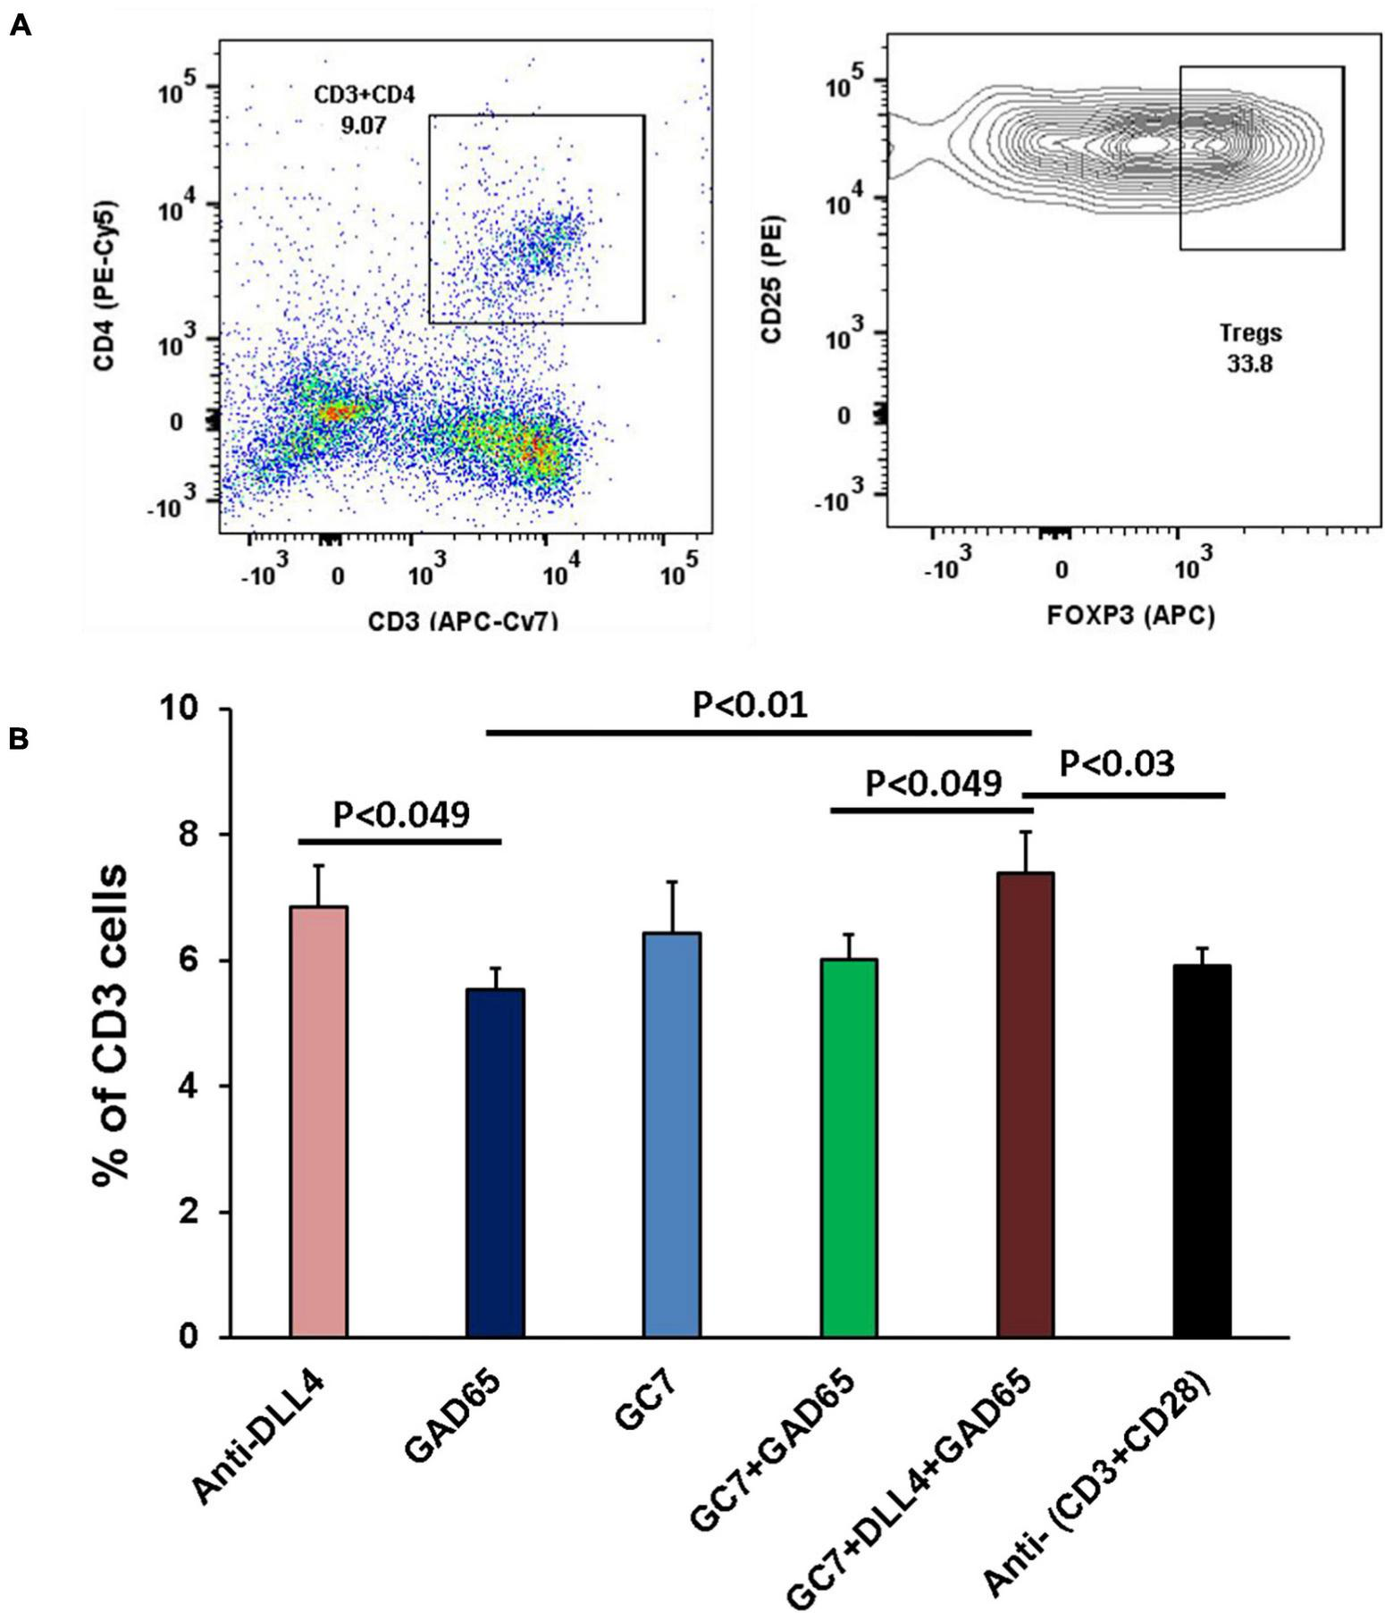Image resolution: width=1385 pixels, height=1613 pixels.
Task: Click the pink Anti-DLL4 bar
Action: [x=319, y=1122]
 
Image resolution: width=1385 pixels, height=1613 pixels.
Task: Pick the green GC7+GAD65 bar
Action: [x=848, y=1147]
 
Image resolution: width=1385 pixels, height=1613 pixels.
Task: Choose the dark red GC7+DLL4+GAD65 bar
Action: [x=1025, y=1105]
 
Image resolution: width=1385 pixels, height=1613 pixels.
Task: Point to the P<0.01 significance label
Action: [x=751, y=706]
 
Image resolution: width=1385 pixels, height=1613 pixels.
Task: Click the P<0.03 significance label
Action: [x=1117, y=765]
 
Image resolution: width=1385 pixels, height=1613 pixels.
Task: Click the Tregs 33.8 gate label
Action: [x=1251, y=349]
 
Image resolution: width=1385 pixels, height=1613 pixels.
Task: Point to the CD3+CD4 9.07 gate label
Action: [x=364, y=109]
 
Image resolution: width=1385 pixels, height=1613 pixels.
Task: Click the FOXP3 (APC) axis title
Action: [x=1130, y=615]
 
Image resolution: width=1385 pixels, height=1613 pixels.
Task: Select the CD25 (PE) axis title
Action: [x=770, y=279]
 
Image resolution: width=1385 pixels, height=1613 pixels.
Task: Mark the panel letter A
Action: [x=20, y=25]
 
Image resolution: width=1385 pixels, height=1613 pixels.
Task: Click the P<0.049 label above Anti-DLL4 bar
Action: [x=400, y=815]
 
